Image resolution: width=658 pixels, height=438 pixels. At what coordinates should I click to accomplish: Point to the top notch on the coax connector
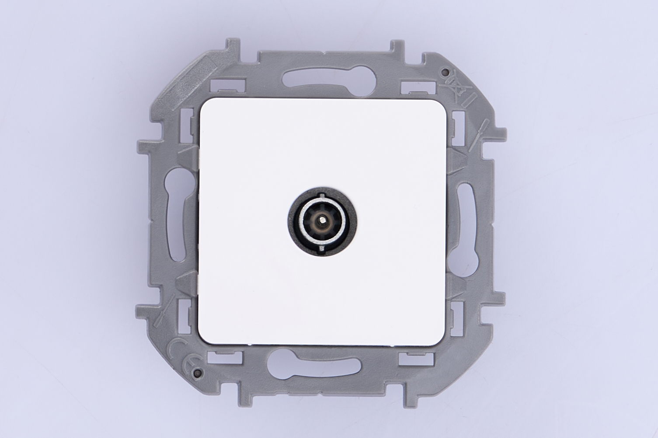click(x=323, y=195)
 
